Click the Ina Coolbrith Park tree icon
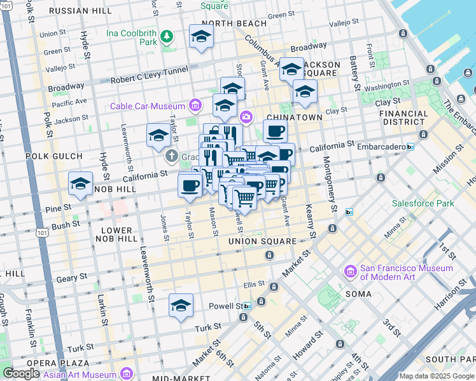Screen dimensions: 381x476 tap(167, 36)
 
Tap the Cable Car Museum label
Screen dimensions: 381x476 tap(147, 106)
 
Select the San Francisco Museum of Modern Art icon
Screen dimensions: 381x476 tap(349, 272)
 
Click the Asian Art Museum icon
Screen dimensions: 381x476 tap(126, 372)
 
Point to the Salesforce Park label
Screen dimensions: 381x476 tap(422, 204)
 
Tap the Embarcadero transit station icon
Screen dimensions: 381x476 tap(410, 147)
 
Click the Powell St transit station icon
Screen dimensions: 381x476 tap(248, 305)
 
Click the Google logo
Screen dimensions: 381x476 tap(21, 373)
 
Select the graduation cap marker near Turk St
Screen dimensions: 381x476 tap(181, 306)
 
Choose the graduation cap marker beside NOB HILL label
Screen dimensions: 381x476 tap(81, 184)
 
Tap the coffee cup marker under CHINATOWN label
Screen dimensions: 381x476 tap(275, 131)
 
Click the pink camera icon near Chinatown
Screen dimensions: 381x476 tap(246, 116)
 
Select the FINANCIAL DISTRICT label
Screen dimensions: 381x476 tap(403, 117)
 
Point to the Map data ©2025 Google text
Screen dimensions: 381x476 tap(435, 376)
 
